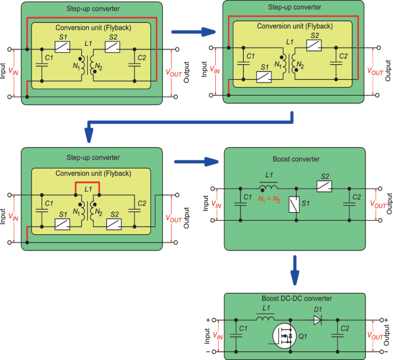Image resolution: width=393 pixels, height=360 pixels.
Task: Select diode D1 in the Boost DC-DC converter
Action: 317,320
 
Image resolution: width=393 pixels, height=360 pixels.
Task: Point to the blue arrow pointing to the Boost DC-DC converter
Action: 295,269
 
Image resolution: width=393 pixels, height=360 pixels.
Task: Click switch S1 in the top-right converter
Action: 264,77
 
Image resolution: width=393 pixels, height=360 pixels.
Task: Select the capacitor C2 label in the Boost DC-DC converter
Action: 345,329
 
